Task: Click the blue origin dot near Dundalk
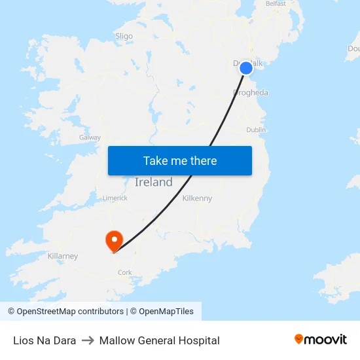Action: pyautogui.click(x=246, y=68)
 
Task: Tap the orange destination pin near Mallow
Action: pyautogui.click(x=114, y=240)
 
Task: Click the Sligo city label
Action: pyautogui.click(x=124, y=37)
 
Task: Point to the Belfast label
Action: pyautogui.click(x=276, y=4)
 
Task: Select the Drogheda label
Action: pyautogui.click(x=251, y=93)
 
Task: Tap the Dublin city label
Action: pyautogui.click(x=256, y=130)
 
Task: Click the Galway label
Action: pyautogui.click(x=90, y=137)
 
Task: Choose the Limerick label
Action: pyautogui.click(x=115, y=198)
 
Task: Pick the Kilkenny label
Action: pyautogui.click(x=197, y=198)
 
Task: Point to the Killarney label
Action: pyautogui.click(x=63, y=256)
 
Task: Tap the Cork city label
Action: pyautogui.click(x=125, y=272)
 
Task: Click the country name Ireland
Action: pyautogui.click(x=153, y=183)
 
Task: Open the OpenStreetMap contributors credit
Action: pyautogui.click(x=65, y=312)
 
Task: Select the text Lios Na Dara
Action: pyautogui.click(x=45, y=340)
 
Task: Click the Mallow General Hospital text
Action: pyautogui.click(x=159, y=340)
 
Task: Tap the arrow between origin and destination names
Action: pyautogui.click(x=88, y=340)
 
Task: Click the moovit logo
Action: pyautogui.click(x=320, y=340)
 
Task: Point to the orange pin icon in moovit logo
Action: pyautogui.click(x=299, y=339)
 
